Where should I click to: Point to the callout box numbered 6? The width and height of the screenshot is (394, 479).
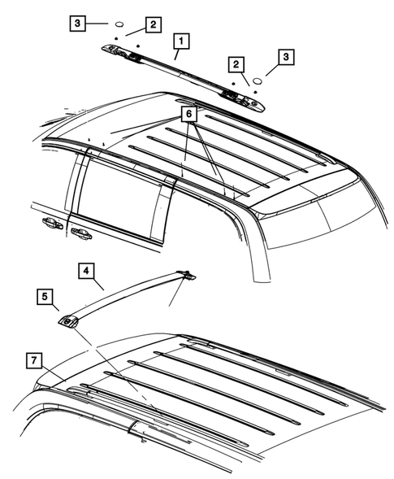coord(188,115)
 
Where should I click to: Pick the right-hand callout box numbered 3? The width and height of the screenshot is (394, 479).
coord(285,58)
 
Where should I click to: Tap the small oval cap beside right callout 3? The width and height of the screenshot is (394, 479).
coord(256,81)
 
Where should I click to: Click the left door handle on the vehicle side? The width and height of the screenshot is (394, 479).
coord(48,222)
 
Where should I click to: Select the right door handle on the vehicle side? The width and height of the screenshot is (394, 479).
coord(80,233)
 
